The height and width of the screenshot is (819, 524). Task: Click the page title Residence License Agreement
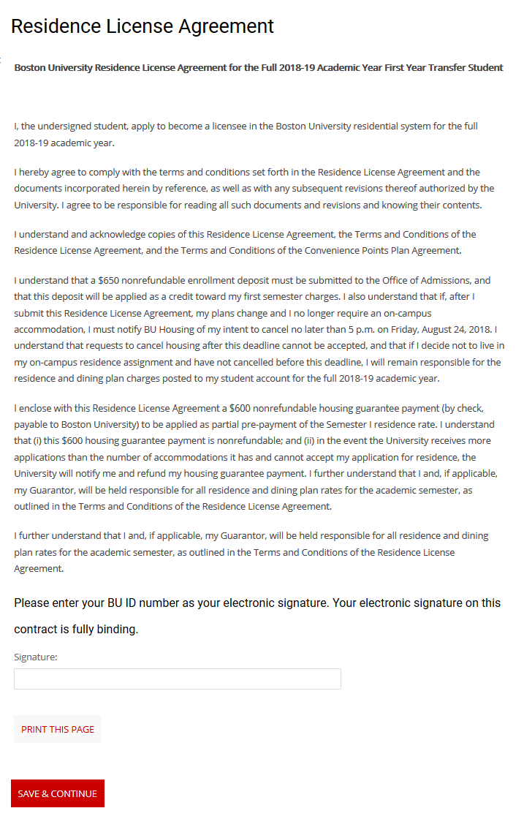click(143, 26)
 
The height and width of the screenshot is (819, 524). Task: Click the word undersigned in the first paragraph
click(78, 127)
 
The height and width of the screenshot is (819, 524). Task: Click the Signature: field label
click(36, 657)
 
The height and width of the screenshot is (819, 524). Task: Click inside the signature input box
click(177, 679)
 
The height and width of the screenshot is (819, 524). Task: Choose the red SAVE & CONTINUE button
click(58, 794)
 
